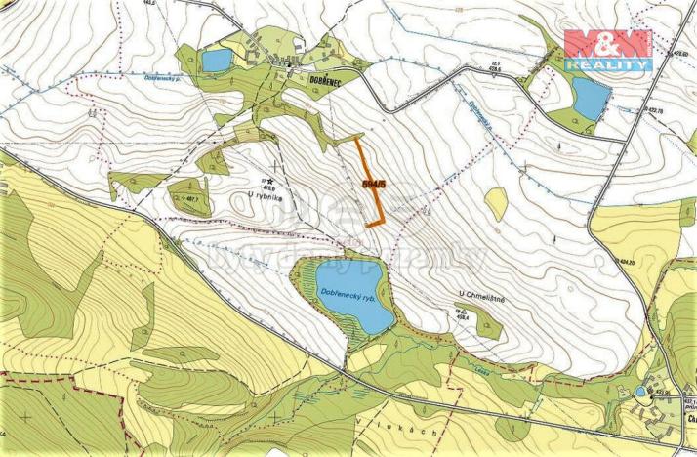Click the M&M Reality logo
(607, 49)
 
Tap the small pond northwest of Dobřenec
(216, 61)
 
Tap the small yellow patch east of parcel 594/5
(496, 203)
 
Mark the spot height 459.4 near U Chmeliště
(461, 313)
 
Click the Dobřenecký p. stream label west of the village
(158, 78)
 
